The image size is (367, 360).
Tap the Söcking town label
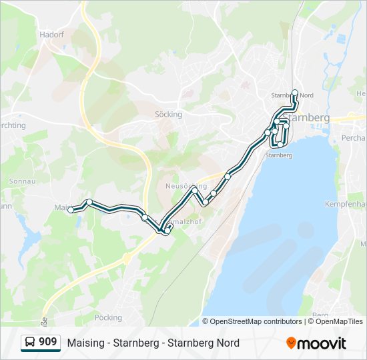(168, 114)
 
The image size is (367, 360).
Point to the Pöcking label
(109, 317)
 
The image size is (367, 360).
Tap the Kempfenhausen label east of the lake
(346, 203)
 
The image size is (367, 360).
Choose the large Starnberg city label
(310, 117)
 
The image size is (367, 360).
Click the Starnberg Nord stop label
(292, 95)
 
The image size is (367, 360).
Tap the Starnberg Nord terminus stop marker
(295, 93)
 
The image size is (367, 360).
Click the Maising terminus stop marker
(71, 210)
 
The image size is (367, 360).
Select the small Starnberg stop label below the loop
(279, 155)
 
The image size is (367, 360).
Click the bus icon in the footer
(30, 343)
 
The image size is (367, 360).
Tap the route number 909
(47, 343)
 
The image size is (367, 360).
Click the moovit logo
(316, 343)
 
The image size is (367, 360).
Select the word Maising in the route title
(85, 343)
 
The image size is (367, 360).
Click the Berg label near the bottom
(320, 314)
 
